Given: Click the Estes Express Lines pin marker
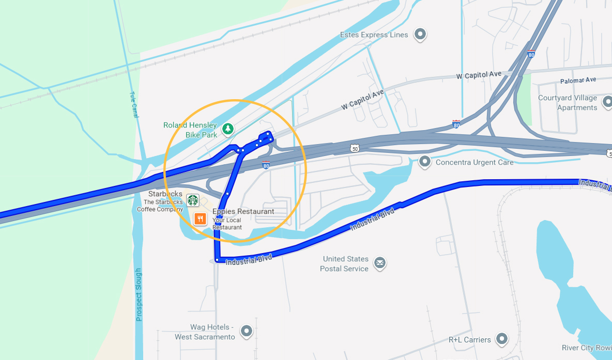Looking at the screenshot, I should tap(421, 35).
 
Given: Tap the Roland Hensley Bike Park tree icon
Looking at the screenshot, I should tap(227, 129).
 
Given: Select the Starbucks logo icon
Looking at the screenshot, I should tap(193, 200).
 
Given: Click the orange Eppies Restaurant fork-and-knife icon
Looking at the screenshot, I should tap(200, 219).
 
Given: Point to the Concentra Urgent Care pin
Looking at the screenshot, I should tap(425, 162).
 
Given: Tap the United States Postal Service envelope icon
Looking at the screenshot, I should tap(380, 263).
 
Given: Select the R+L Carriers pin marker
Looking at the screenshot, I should tap(501, 339).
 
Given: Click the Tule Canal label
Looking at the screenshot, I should tap(134, 104).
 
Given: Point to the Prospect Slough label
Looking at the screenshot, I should tap(139, 294).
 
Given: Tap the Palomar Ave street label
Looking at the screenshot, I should tap(578, 81).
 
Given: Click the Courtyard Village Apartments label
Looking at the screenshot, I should tap(567, 103).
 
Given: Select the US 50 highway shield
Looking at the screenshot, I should tap(354, 149).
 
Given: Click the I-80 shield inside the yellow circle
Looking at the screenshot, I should tap(266, 165).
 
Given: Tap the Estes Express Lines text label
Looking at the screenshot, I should tap(374, 35).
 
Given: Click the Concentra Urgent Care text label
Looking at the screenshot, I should tap(475, 162).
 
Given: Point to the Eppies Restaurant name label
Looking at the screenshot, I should tap(243, 212).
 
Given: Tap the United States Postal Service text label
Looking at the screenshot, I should tap(345, 263).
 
